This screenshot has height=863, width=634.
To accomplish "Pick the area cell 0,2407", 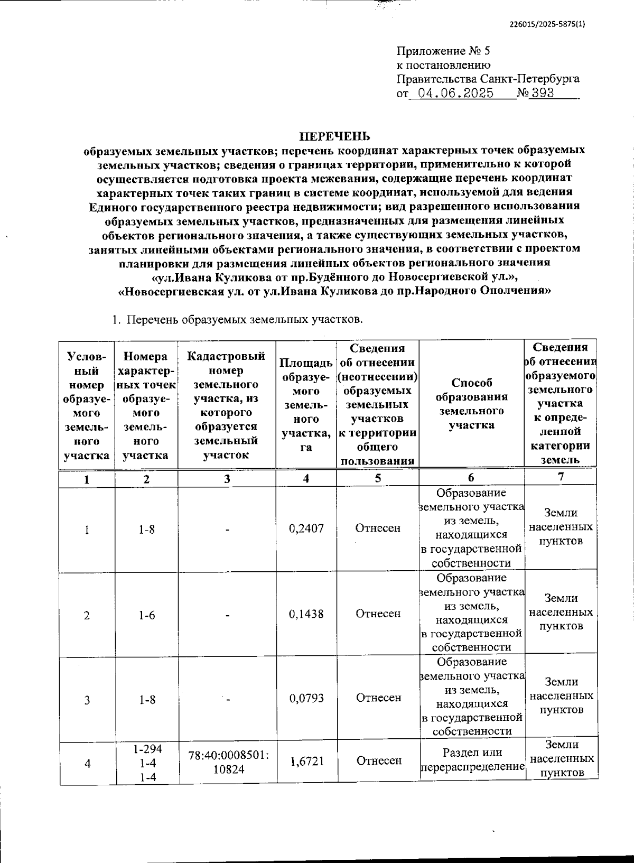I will pos(306,528).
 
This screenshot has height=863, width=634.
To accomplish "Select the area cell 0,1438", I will pos(306,614).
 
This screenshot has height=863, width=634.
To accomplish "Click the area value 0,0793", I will pos(306,698).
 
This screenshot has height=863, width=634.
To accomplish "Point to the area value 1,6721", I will pos(306,760).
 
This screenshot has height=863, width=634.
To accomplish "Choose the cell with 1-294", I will pos(147,749).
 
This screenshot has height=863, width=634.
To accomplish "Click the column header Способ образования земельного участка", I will pos(471,404).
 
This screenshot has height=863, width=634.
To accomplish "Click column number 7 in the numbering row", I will pos(561,477).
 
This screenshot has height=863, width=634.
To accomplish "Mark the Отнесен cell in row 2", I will pos(378,614).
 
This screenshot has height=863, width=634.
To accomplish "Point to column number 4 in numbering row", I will pos(306,478).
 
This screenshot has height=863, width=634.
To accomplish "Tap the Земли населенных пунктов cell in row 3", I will pos(561,695).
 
